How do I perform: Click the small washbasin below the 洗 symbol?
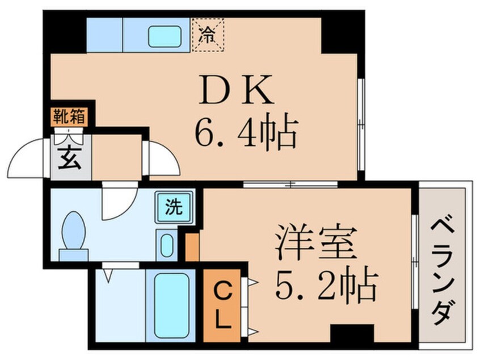coord(167,246)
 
